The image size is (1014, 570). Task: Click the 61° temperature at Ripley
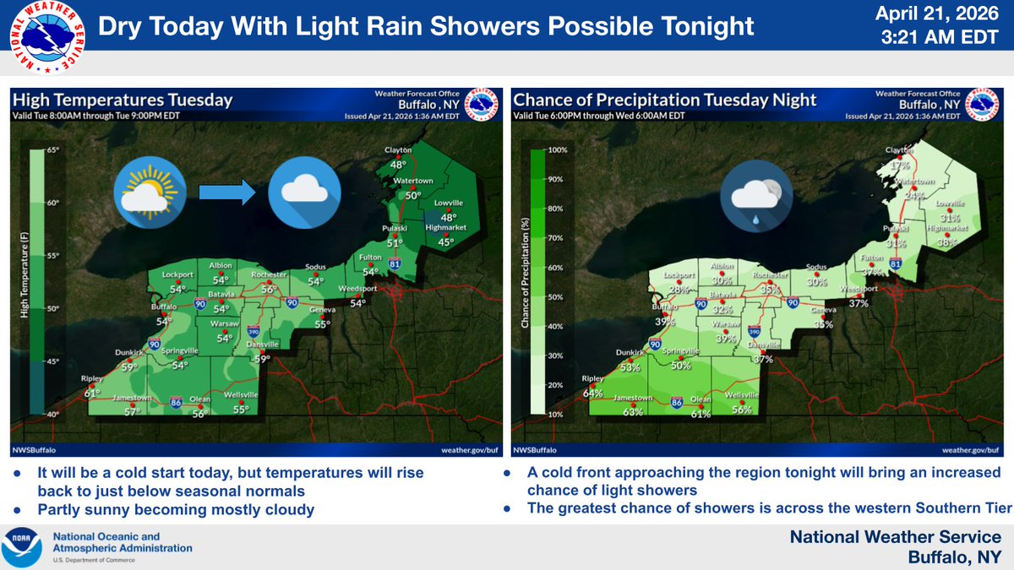[91, 392]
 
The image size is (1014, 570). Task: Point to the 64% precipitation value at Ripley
[592, 393]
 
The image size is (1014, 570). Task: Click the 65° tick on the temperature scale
[52, 150]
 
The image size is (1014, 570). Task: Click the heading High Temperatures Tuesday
[123, 100]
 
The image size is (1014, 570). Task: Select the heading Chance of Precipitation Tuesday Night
[666, 100]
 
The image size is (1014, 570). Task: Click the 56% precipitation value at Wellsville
[742, 410]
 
